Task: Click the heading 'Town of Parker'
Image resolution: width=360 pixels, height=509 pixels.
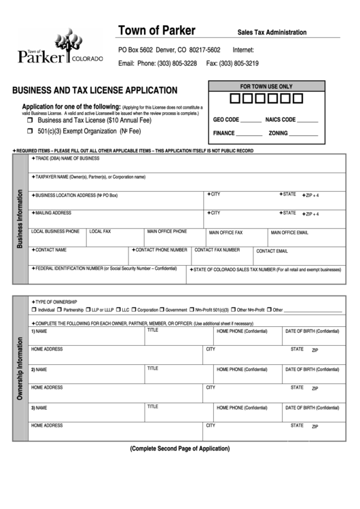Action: click(157, 31)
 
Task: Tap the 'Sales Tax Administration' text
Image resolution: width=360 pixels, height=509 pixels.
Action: click(272, 33)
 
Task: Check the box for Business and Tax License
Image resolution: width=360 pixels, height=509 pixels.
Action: click(31, 120)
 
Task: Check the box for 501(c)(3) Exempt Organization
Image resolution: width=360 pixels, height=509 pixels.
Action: click(31, 131)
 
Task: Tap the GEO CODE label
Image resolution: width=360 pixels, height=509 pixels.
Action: click(226, 120)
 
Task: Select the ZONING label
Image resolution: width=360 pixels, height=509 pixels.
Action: click(277, 133)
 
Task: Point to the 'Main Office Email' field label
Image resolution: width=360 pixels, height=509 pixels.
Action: click(289, 232)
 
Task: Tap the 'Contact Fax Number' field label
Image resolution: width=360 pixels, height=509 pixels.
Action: click(217, 250)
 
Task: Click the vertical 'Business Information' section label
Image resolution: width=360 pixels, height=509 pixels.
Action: click(19, 218)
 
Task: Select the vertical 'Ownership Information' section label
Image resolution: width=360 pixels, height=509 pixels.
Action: click(19, 368)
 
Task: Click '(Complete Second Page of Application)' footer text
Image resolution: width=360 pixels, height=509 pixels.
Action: click(180, 449)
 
